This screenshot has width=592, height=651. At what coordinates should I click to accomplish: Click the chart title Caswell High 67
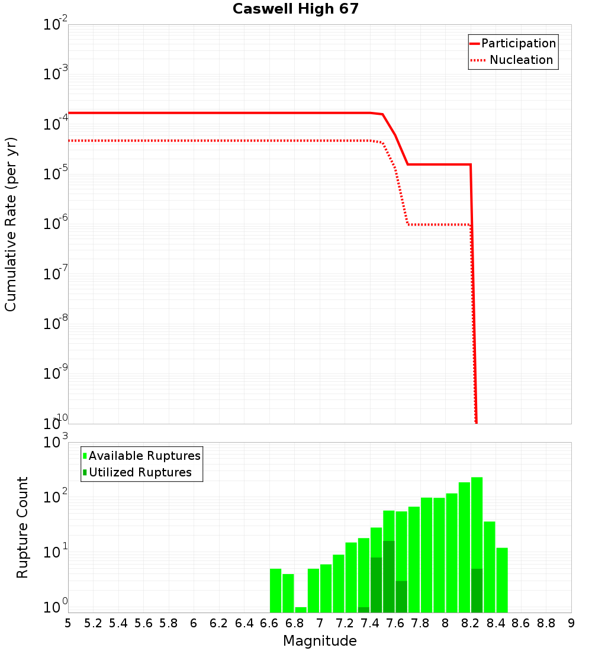[x=295, y=9]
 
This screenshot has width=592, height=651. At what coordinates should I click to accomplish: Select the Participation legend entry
[x=518, y=44]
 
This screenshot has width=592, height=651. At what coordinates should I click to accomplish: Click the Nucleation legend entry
[x=520, y=60]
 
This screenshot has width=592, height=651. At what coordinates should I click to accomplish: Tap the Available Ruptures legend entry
[x=144, y=456]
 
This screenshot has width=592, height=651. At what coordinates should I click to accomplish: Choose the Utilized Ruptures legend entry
[x=140, y=472]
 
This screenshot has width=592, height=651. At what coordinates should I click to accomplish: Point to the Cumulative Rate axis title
[x=11, y=224]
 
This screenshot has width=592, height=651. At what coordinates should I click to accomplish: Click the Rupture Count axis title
[x=22, y=527]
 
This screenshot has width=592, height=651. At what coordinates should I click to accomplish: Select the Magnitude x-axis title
[x=320, y=641]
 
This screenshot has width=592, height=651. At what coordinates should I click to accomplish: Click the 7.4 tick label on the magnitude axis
[x=370, y=623]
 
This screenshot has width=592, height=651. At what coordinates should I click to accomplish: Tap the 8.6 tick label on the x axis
[x=521, y=623]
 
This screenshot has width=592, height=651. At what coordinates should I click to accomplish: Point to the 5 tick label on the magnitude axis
[x=68, y=623]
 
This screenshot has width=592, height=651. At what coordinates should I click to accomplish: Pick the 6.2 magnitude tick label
[x=219, y=623]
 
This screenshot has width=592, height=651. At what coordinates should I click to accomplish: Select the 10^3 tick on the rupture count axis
[x=56, y=442]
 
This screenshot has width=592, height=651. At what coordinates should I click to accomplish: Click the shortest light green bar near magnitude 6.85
[x=301, y=610]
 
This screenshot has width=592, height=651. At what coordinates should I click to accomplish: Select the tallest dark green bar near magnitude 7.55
[x=389, y=577]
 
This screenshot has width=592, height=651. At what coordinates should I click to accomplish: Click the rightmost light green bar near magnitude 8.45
[x=502, y=580]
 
